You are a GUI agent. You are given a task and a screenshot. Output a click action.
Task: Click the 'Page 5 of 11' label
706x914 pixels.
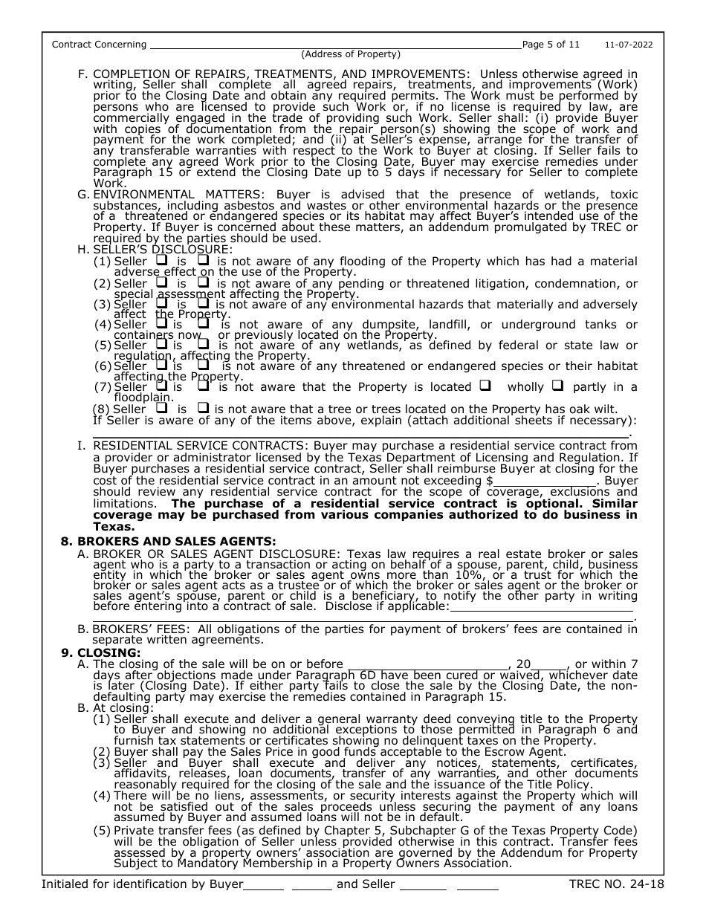[551, 45]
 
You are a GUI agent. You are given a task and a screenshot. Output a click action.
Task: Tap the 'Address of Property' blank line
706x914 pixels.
[334, 46]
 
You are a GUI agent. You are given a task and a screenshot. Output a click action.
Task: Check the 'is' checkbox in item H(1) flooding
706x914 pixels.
[161, 262]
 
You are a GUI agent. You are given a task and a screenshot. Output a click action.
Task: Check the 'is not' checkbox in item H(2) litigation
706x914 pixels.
[202, 283]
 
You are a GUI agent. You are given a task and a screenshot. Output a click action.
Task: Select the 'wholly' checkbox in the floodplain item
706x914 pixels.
[485, 386]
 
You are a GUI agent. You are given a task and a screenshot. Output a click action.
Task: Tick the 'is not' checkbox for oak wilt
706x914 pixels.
[202, 409]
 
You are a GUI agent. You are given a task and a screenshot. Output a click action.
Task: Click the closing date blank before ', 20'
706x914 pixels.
[427, 664]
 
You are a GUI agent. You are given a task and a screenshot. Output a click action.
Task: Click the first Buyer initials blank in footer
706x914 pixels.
[264, 885]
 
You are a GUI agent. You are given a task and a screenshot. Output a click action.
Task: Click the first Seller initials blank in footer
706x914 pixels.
[422, 885]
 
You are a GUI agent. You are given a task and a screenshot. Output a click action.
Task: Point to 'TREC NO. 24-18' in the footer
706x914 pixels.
[616, 884]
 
